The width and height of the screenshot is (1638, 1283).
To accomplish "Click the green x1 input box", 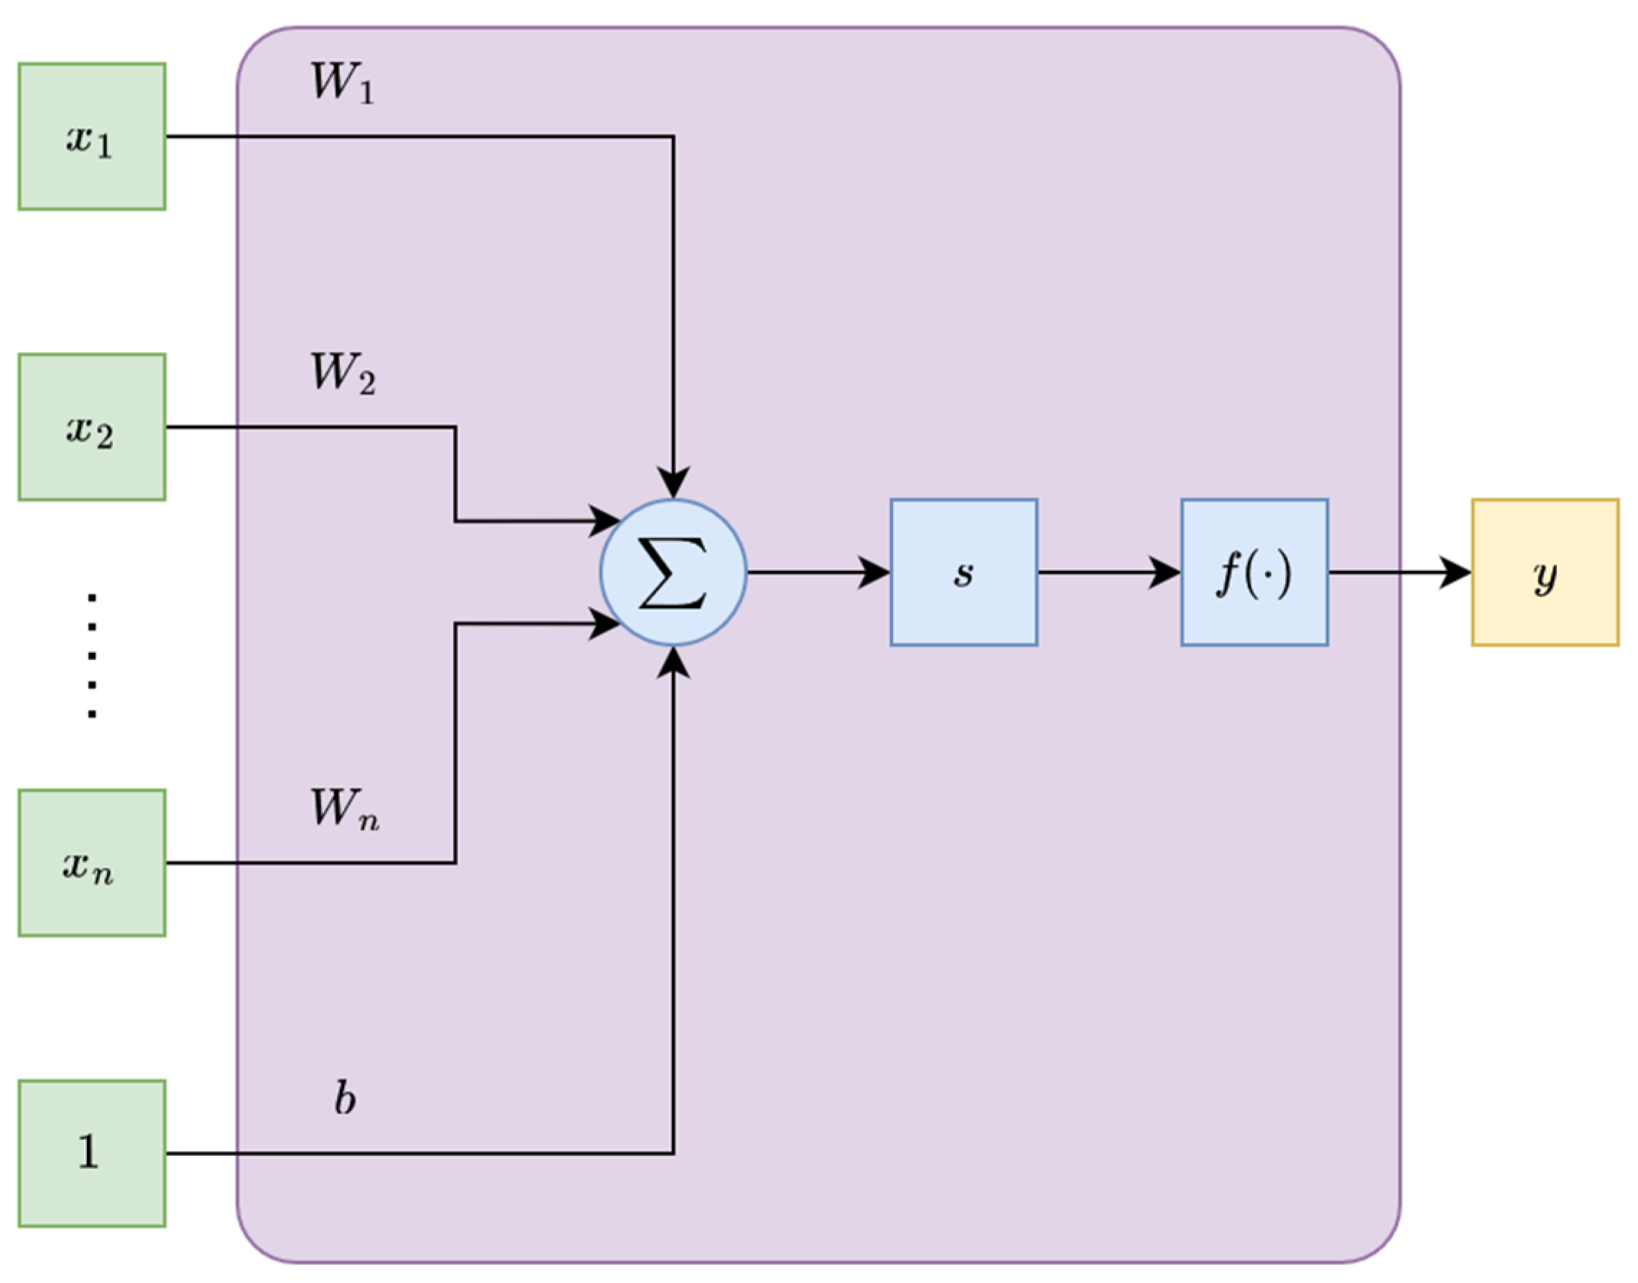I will point(92,136).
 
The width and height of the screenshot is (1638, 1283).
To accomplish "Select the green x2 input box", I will point(92,427).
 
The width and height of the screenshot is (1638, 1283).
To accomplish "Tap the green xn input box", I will point(92,863).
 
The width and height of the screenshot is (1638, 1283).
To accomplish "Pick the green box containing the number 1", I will point(92,1153).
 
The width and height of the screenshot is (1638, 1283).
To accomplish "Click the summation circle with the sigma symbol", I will point(673,573).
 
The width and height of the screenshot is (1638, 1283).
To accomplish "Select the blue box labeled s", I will point(963,573).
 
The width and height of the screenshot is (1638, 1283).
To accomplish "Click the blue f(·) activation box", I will point(1254,573).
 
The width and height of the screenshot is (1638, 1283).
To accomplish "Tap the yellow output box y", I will point(1545,573).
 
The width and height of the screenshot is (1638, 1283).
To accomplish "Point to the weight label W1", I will point(343,83).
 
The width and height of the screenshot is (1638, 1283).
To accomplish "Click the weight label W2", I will point(343,374).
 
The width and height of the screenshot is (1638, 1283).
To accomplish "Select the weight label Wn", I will point(345,810).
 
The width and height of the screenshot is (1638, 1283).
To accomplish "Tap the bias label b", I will point(345,1099).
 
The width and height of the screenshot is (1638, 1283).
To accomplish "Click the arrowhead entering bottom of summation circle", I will point(673,662).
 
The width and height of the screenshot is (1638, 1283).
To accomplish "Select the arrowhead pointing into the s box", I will point(874,573).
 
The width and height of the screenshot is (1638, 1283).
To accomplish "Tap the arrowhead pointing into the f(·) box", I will point(1165,573).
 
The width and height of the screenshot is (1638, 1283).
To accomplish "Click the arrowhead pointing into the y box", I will point(1456,573).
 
